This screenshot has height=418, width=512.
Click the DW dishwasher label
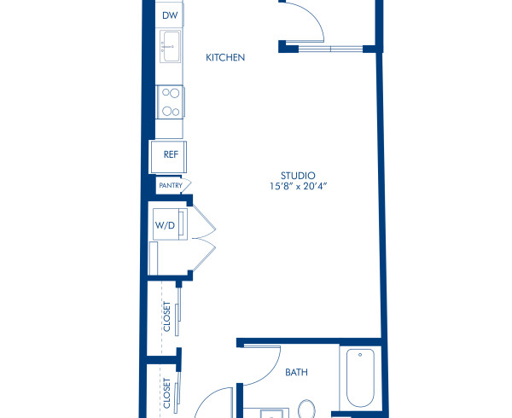click(x=169, y=15)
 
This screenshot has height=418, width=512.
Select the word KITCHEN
click(x=226, y=58)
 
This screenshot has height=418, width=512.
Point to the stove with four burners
click(x=169, y=102)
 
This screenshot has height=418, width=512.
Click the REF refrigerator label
click(x=170, y=154)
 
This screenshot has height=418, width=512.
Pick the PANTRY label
click(x=169, y=184)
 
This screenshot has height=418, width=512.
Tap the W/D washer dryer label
click(x=164, y=225)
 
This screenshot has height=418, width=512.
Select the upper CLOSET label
click(x=166, y=316)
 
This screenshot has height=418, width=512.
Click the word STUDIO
click(x=293, y=176)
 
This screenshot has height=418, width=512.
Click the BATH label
click(x=296, y=373)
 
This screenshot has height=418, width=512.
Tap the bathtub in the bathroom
click(x=362, y=380)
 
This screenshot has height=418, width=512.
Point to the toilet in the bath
click(x=308, y=408)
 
